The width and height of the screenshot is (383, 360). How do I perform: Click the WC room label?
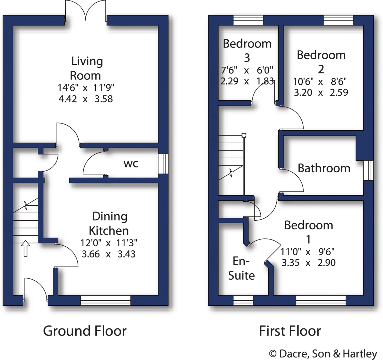pyautogui.click(x=131, y=164)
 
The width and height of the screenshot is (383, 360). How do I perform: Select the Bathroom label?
pyautogui.click(x=324, y=168)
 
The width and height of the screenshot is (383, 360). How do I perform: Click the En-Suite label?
pyautogui.click(x=241, y=268)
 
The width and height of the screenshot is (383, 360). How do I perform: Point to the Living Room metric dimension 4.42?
pyautogui.click(x=68, y=99)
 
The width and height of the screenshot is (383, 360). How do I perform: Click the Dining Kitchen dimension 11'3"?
pyautogui.click(x=127, y=243)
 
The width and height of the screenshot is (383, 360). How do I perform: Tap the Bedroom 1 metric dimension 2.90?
pyautogui.click(x=327, y=262)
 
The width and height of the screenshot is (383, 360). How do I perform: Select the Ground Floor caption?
pyautogui.click(x=85, y=331)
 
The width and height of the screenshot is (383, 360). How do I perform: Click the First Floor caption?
pyautogui.click(x=290, y=331)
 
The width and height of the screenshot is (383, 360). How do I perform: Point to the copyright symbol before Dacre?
pyautogui.click(x=273, y=354)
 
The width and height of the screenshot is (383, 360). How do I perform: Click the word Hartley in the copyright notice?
pyautogui.click(x=360, y=354)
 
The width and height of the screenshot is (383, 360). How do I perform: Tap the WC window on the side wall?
pyautogui.click(x=163, y=164)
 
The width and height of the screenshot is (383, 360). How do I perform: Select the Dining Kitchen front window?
pyautogui.click(x=106, y=300)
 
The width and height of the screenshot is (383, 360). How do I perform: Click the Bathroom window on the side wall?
pyautogui.click(x=368, y=170)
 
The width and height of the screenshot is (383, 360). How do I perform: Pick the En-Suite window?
pyautogui.click(x=243, y=300)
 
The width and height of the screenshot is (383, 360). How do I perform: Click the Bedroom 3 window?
pyautogui.click(x=248, y=20)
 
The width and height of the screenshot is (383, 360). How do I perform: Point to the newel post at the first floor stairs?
pyautogui.click(x=244, y=135)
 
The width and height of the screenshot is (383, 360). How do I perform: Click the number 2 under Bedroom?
pyautogui.click(x=321, y=69)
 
